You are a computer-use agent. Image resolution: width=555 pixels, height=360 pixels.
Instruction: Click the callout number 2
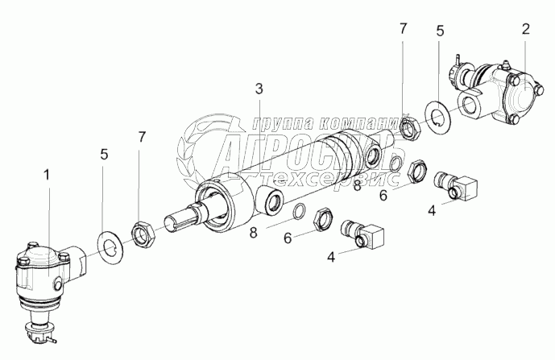525,30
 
